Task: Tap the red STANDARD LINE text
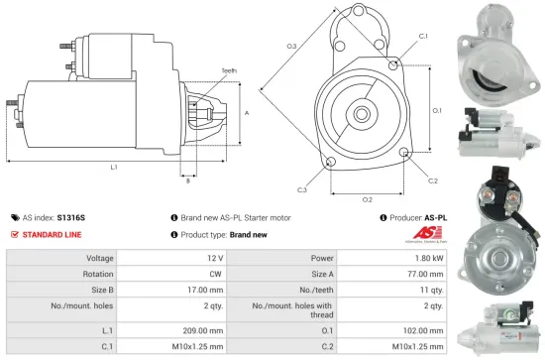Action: click(x=53, y=234)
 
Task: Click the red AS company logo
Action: click(x=421, y=231)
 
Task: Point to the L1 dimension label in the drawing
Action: click(x=115, y=168)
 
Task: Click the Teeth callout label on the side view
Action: click(x=229, y=70)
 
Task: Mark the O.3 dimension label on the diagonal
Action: click(x=291, y=47)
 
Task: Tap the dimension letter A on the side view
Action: click(x=246, y=112)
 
